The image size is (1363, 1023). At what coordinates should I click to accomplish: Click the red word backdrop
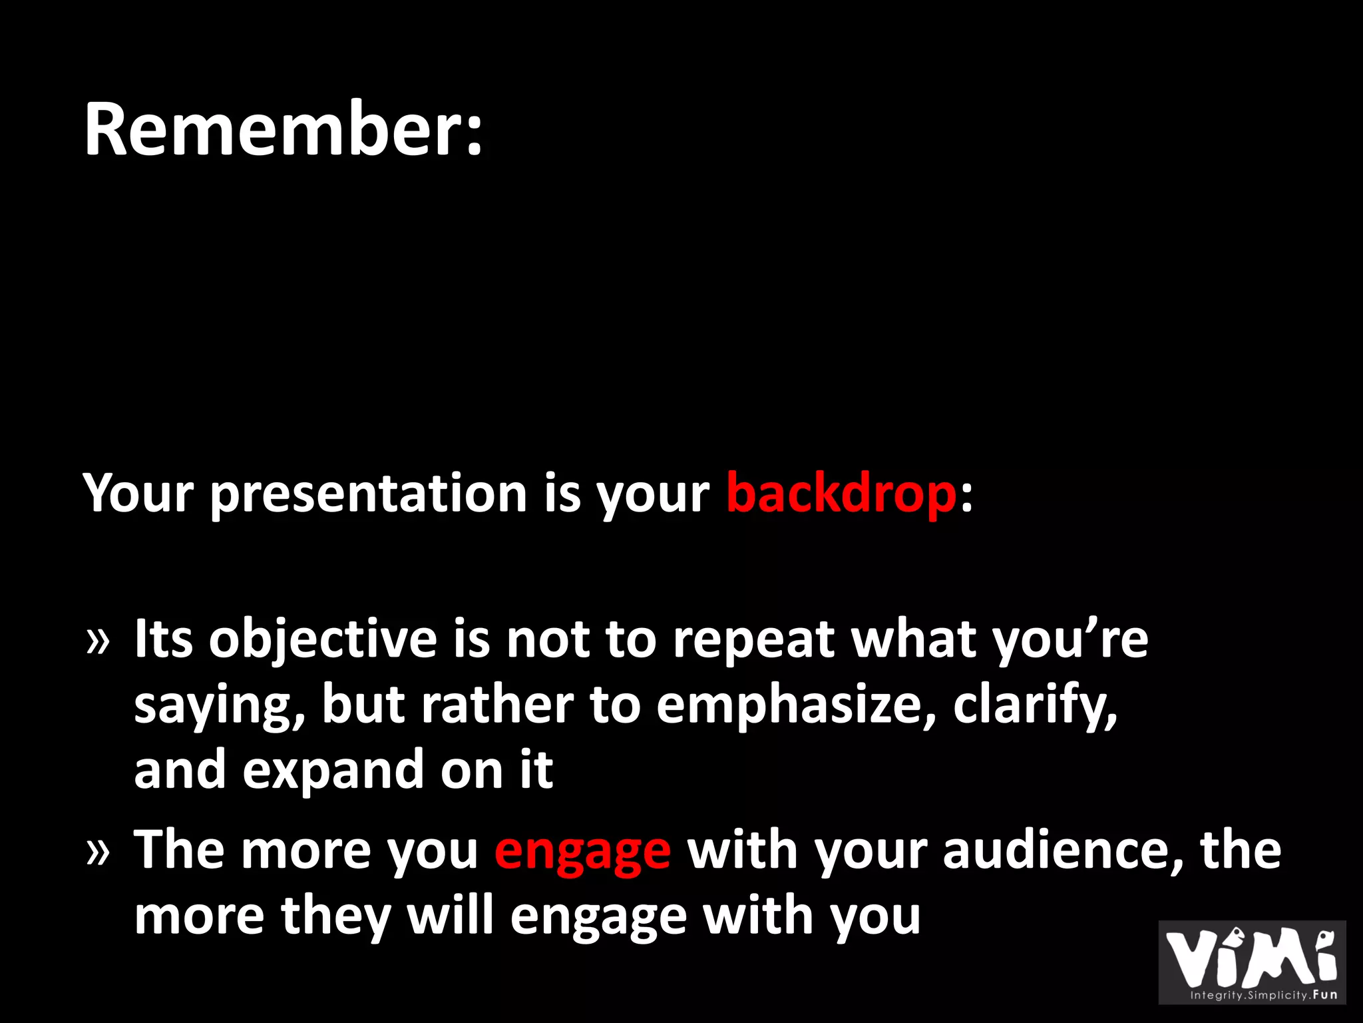point(841,494)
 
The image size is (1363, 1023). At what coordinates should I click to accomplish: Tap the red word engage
point(582,851)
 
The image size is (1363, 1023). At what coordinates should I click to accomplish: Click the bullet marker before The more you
point(98,852)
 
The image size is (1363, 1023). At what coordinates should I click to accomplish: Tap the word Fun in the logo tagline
point(1325,995)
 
